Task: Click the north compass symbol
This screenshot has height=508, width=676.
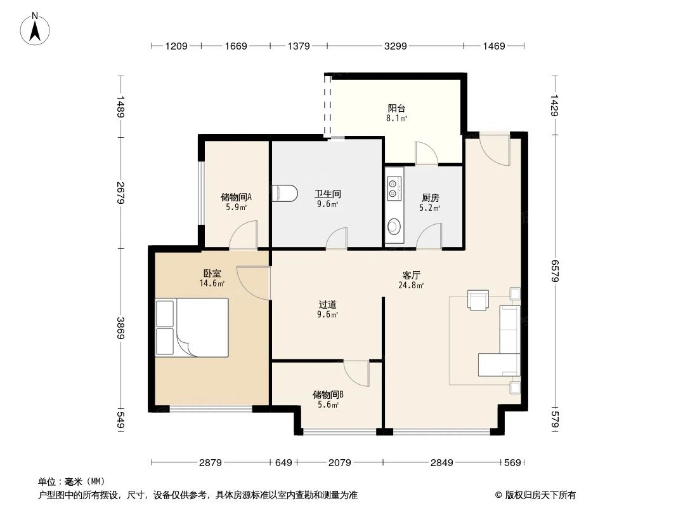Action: pos(36,28)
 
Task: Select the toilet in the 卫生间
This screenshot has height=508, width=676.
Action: pos(284,194)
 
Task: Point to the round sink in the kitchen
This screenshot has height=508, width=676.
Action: pos(394,225)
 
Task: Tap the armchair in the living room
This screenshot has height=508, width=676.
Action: pos(478,300)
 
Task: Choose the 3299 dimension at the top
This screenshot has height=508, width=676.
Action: pos(395,46)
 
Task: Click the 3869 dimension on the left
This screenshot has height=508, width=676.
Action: pos(120,327)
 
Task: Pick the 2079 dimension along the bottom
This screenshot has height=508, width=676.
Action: pos(339,463)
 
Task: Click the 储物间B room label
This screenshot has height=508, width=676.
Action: pos(328,394)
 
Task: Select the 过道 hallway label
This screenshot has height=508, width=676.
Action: pos(328,304)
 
